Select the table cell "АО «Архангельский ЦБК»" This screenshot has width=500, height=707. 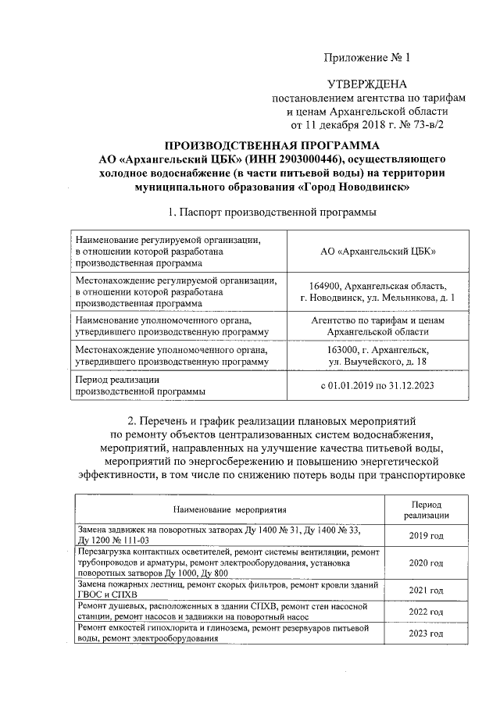tap(378, 251)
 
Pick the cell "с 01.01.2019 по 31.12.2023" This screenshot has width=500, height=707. tap(378, 385)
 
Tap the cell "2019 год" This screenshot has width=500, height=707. tap(426, 535)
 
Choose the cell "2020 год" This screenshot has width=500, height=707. tap(426, 562)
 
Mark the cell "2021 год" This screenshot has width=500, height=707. tap(426, 590)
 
